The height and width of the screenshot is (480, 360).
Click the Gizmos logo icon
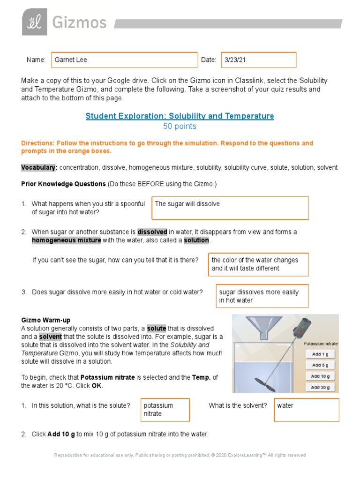[34, 22]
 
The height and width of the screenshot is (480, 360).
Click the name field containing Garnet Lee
[124, 60]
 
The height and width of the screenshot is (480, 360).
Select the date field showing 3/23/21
[258, 60]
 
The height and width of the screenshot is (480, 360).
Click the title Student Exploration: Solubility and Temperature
[180, 116]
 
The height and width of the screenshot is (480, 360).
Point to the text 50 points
[180, 127]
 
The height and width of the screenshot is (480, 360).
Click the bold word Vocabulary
[39, 167]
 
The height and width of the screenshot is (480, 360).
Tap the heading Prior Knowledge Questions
[63, 184]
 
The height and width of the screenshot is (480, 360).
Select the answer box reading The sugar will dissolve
[230, 208]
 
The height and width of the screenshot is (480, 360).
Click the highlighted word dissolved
[152, 232]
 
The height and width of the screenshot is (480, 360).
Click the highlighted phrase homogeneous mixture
[66, 240]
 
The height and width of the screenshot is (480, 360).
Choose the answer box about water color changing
[258, 264]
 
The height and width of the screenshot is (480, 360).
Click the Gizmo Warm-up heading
[46, 320]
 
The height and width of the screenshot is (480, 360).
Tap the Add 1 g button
[320, 354]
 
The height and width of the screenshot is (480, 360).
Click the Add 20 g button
[320, 387]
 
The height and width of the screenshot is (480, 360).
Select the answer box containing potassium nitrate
[165, 410]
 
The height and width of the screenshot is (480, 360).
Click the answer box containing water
[307, 410]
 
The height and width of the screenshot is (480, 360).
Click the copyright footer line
[180, 455]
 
